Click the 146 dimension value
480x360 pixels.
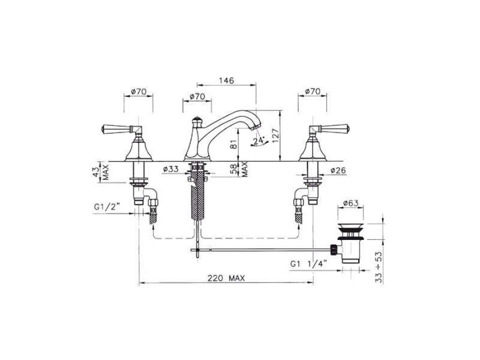(227, 80)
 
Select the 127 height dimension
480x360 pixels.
(275, 136)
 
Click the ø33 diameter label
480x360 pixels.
(171, 169)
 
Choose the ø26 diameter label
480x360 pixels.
(338, 170)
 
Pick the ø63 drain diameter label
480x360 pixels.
(351, 203)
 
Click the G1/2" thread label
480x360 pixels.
(107, 207)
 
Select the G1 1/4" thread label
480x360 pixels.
(309, 263)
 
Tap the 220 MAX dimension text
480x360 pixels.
(226, 278)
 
